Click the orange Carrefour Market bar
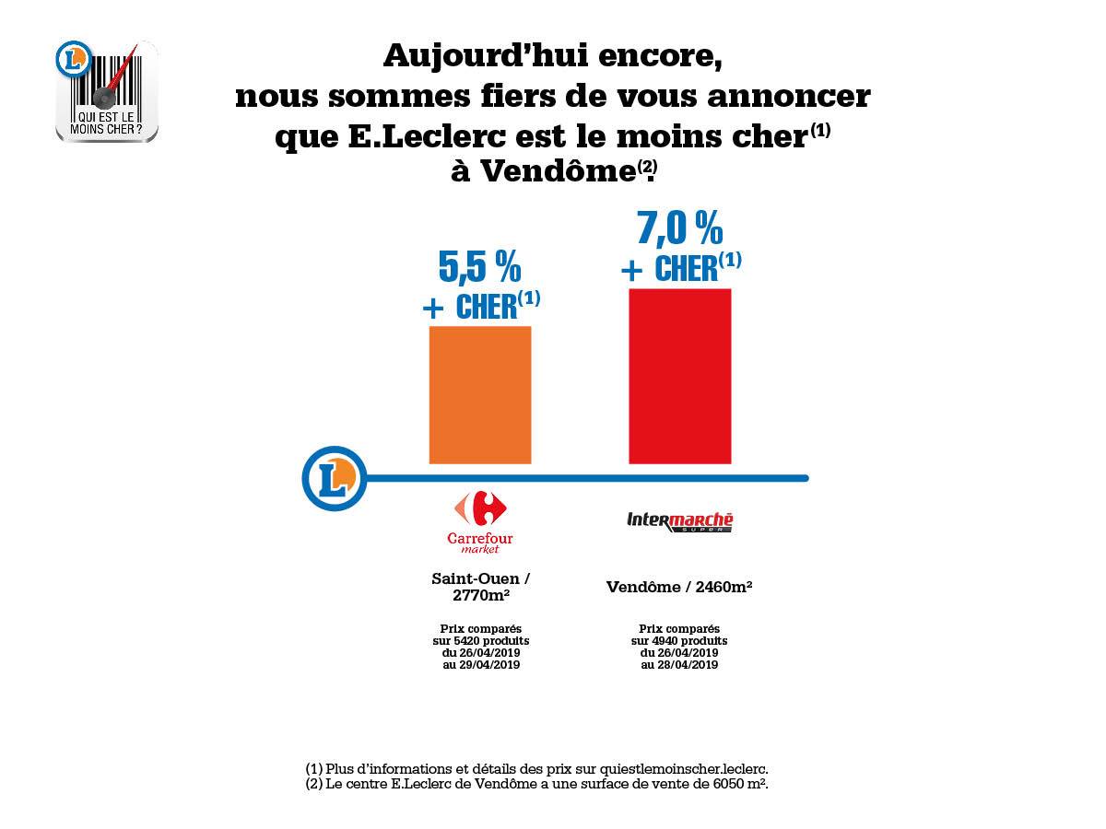tap(479, 394)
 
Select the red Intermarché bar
tap(679, 376)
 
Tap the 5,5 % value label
tap(479, 266)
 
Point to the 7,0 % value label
tap(679, 228)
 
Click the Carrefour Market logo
tap(479, 522)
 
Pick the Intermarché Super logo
tap(679, 522)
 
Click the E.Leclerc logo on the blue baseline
tap(334, 478)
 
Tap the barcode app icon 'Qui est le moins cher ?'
tap(107, 90)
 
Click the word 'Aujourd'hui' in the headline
tap(486, 56)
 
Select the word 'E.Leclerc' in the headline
tap(428, 136)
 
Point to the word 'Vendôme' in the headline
tap(559, 171)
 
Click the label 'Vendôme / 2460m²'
tap(679, 588)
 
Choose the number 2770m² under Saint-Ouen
tap(481, 595)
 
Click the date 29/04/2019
tap(488, 665)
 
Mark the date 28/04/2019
tap(687, 665)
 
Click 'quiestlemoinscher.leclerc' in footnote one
tap(683, 770)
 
